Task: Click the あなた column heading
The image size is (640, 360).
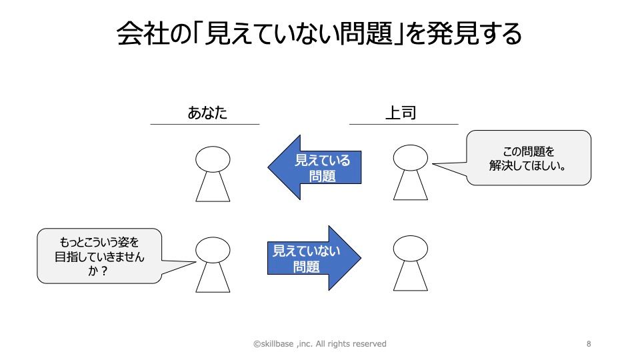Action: coord(207,112)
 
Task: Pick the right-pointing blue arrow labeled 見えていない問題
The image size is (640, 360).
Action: coord(313,259)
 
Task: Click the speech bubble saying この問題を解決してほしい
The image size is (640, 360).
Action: coord(528,157)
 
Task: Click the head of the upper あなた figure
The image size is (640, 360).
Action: coord(213,159)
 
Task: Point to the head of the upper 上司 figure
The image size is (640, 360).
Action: coord(410,157)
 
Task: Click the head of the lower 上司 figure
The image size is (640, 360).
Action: coord(410,249)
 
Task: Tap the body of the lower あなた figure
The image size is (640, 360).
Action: coord(213,279)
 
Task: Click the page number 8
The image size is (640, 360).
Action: coord(589,344)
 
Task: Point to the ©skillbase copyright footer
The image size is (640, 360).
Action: coord(319,344)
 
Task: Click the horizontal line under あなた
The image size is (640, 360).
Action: coord(205,124)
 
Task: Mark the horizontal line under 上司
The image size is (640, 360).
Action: coord(403,124)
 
